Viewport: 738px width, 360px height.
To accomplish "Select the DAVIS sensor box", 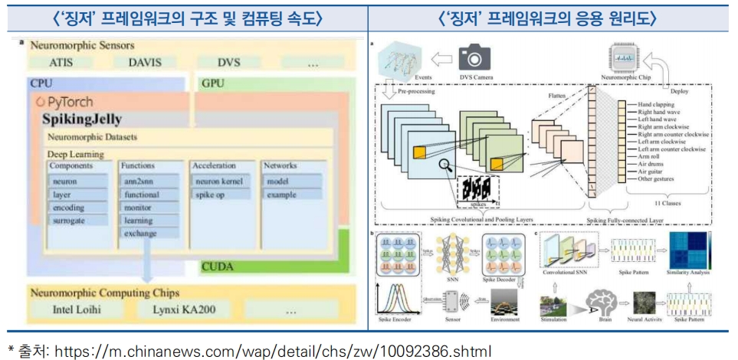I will click(x=145, y=63).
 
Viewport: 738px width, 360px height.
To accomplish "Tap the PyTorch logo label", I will click(x=66, y=102).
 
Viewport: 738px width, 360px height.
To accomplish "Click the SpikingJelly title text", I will click(x=84, y=119).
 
